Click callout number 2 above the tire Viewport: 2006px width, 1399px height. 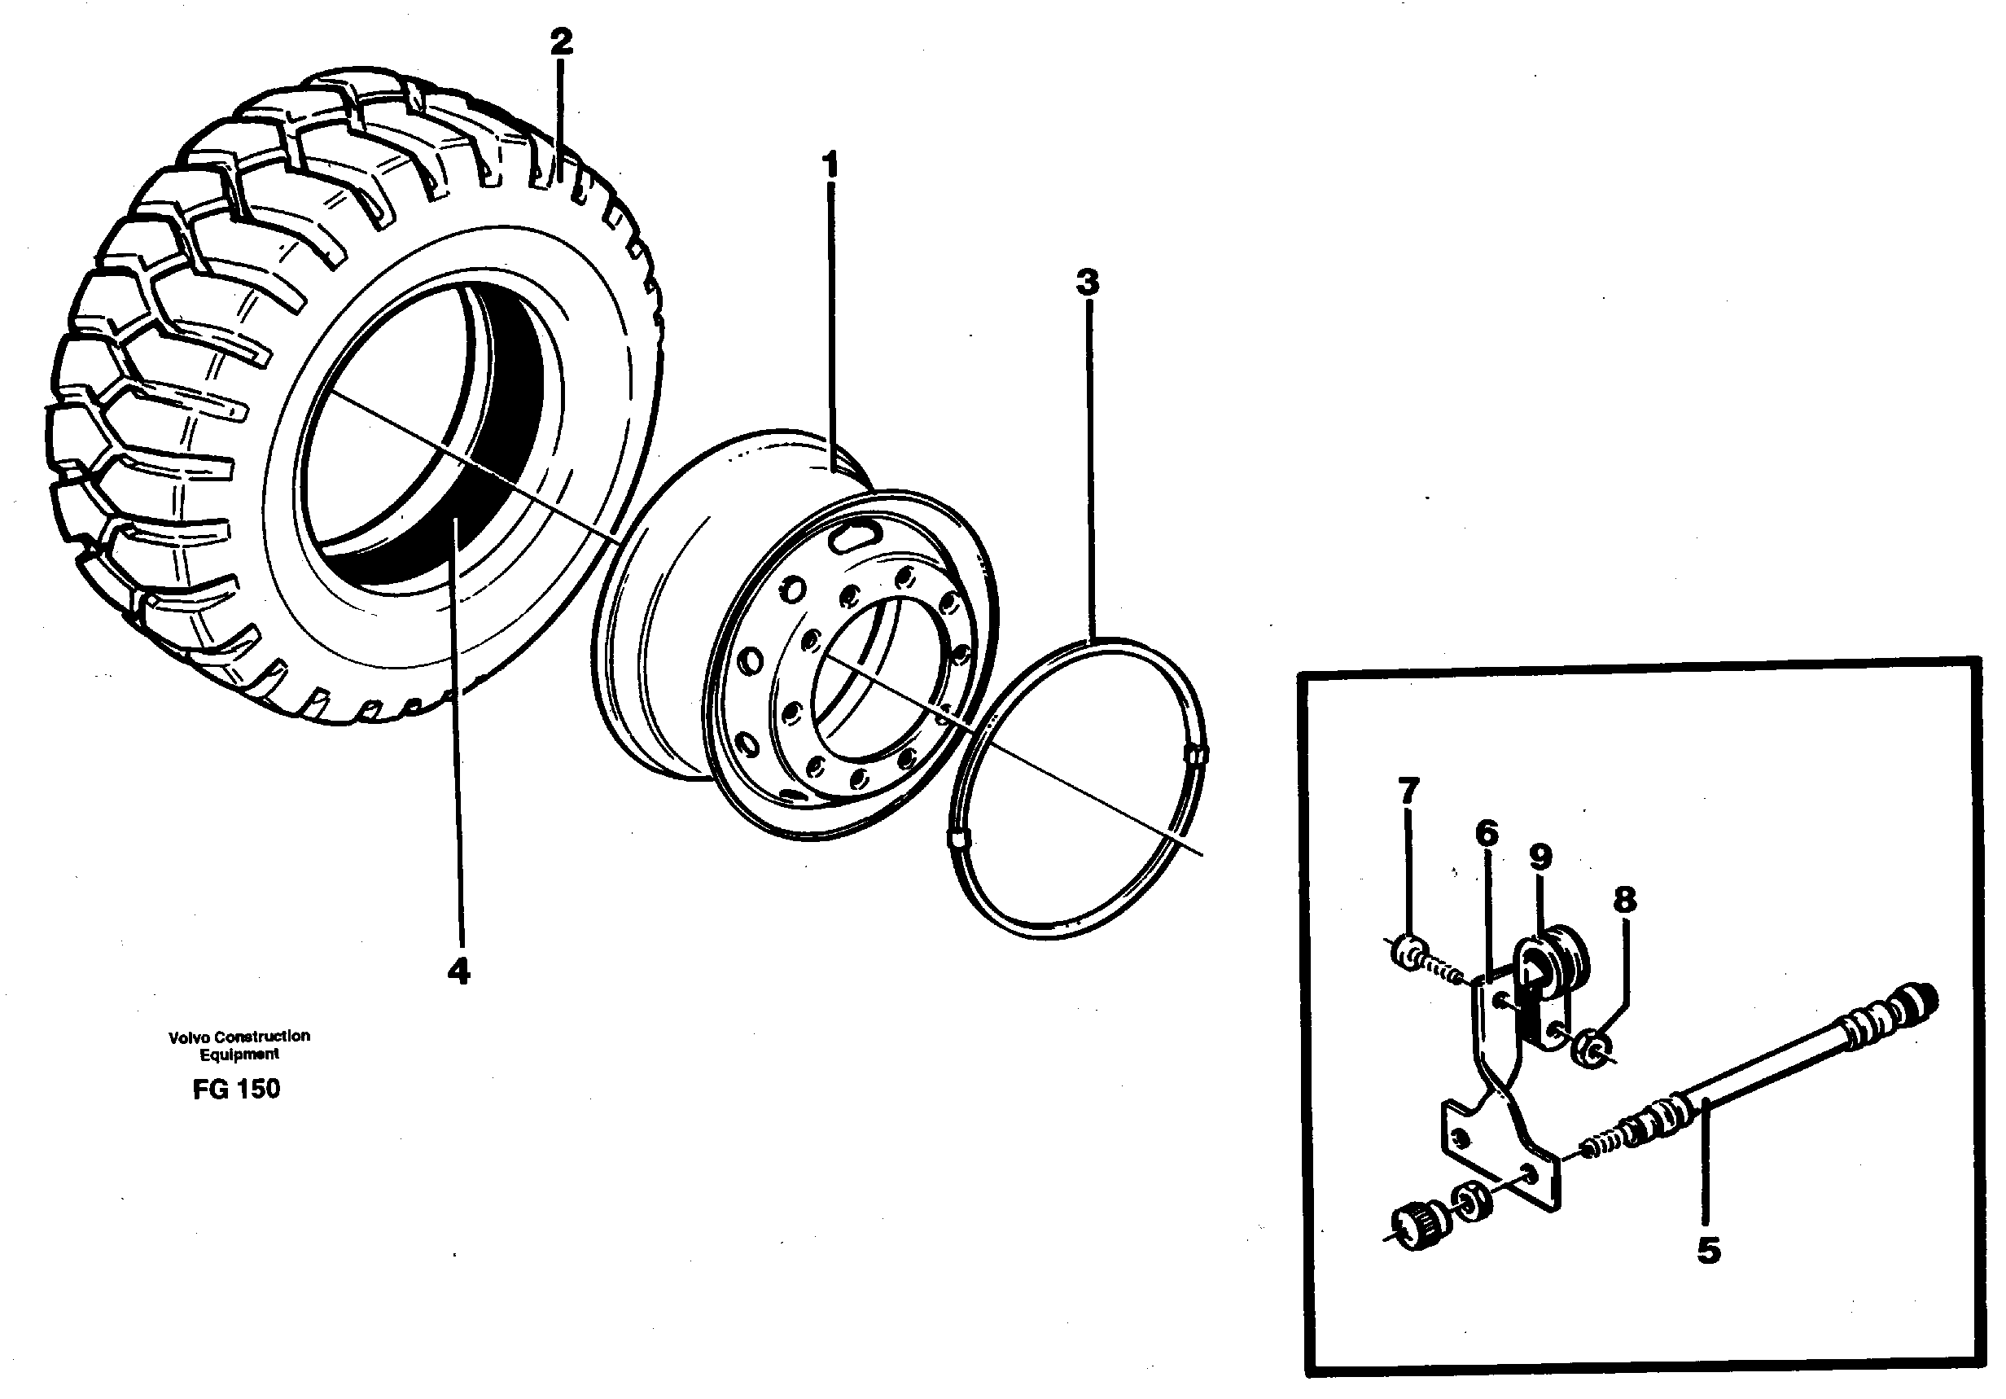coord(561,41)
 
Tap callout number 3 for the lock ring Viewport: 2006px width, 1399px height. coord(1087,283)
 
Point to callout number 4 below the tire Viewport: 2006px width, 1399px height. coord(458,971)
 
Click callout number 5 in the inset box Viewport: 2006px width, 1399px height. coord(1708,1252)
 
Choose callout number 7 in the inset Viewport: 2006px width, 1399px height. coord(1408,791)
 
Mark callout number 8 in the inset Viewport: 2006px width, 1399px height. coord(1624,899)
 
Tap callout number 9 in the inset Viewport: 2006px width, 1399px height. coord(1540,857)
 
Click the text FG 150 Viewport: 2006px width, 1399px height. coord(237,1089)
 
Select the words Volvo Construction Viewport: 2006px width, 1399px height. coord(239,1037)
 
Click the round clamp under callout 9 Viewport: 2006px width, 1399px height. coord(1553,967)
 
